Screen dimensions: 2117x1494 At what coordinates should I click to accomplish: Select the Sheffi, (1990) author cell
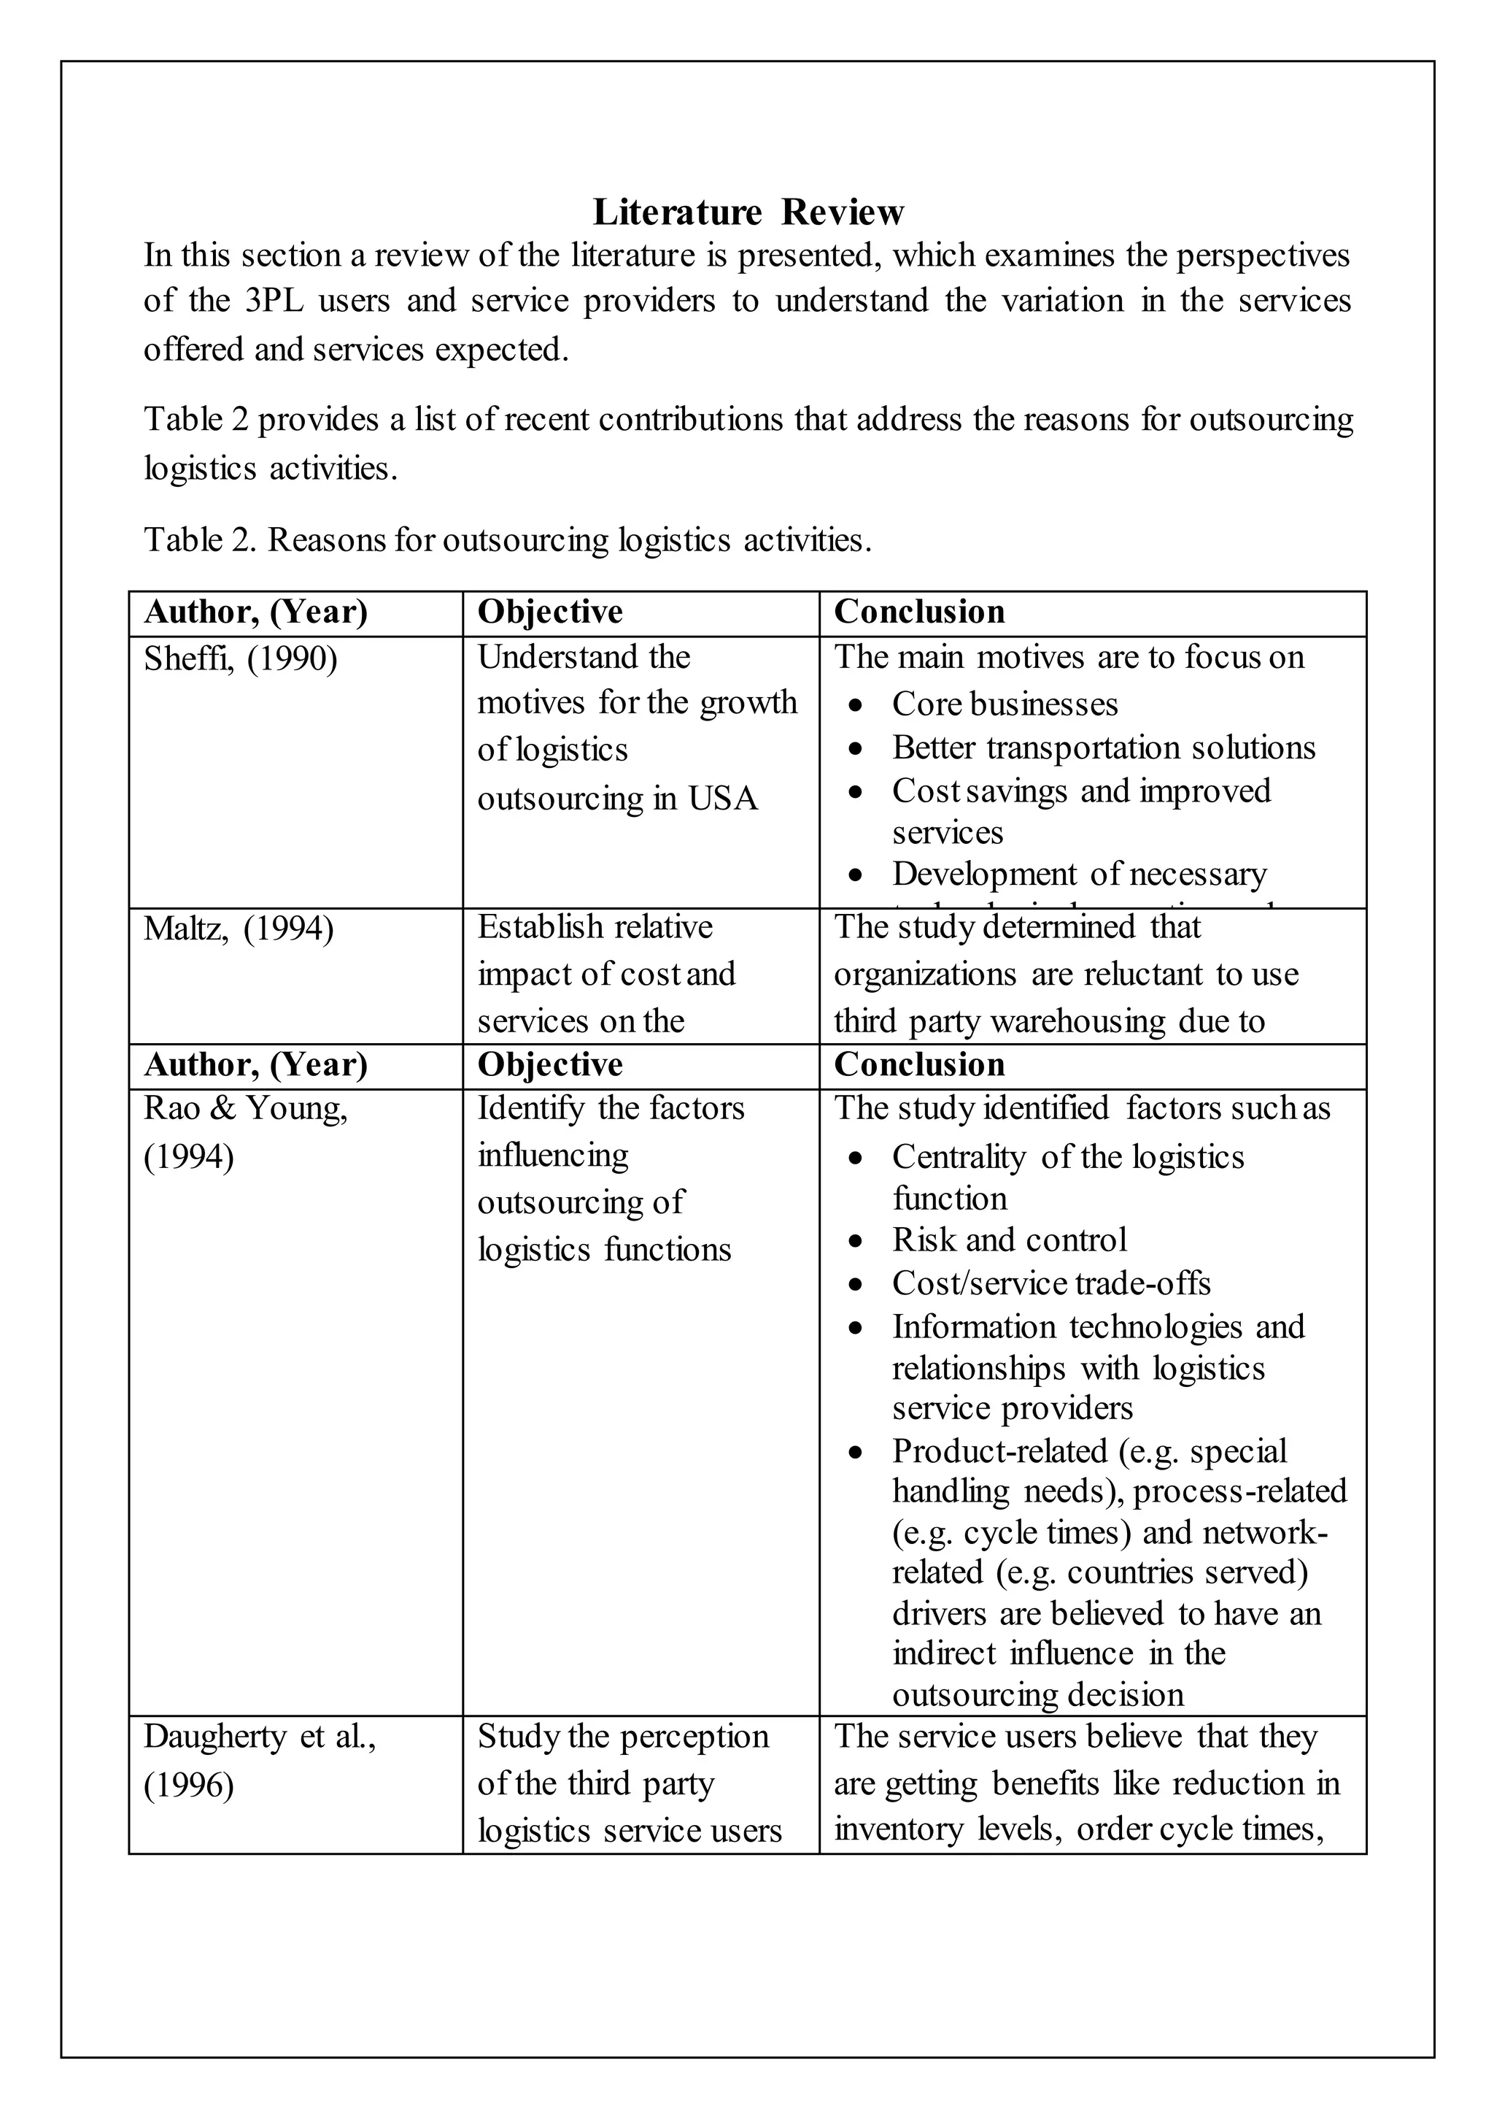coord(241,658)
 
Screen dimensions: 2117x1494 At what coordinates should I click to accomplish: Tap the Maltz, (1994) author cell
coord(239,928)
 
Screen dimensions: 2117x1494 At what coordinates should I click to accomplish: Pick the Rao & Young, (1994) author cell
coord(245,1131)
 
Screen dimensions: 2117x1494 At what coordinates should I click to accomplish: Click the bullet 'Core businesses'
coord(1004,704)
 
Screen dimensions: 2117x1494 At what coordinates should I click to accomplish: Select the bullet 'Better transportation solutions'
coord(1102,748)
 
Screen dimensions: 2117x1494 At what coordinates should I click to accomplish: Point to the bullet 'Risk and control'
coord(1008,1240)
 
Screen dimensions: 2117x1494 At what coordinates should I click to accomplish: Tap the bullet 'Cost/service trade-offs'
coord(1050,1283)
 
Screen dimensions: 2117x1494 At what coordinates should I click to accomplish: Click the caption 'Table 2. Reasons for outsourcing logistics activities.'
coord(507,539)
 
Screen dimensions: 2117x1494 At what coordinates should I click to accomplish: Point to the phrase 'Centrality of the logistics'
coord(1067,1157)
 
